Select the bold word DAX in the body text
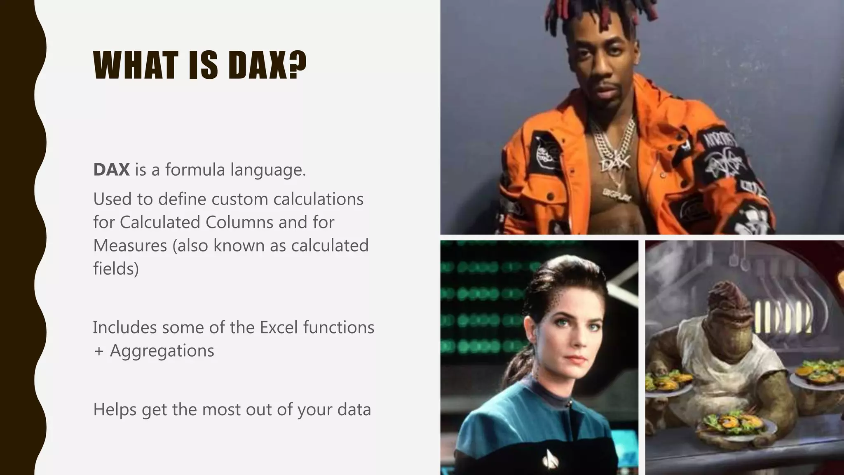[x=111, y=170]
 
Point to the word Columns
[x=239, y=222]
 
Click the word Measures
[x=130, y=246]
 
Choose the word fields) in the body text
[x=116, y=269]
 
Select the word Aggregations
[x=162, y=351]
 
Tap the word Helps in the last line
[x=115, y=410]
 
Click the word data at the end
[x=354, y=410]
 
